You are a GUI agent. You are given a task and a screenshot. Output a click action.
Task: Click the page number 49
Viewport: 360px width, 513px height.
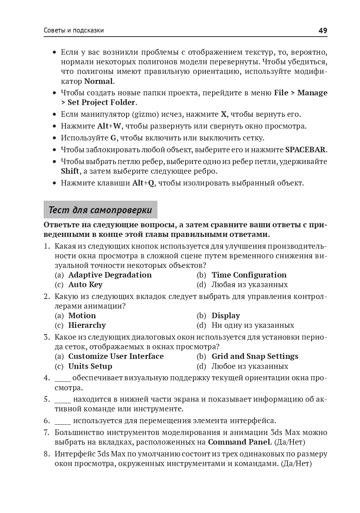tap(323, 30)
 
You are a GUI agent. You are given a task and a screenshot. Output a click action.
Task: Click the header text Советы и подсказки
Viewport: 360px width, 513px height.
tap(74, 30)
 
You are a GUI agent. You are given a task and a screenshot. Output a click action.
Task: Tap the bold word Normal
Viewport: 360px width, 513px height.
tap(98, 81)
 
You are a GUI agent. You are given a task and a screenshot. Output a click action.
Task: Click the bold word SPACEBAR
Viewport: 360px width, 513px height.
tap(306, 150)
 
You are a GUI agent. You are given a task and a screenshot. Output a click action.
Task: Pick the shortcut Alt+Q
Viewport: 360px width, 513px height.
tap(143, 183)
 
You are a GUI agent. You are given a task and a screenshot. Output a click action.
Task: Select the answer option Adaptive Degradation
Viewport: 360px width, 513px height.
tap(110, 275)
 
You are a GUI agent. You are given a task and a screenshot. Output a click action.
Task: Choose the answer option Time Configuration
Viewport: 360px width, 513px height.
tap(249, 275)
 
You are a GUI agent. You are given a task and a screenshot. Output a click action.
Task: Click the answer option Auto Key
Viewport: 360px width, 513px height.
tap(85, 285)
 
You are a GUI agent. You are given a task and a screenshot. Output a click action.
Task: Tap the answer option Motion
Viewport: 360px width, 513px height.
tap(82, 316)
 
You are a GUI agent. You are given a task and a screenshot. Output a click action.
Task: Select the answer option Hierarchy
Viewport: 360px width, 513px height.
tap(87, 325)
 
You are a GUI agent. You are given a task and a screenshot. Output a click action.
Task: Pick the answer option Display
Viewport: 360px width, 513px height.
tap(225, 316)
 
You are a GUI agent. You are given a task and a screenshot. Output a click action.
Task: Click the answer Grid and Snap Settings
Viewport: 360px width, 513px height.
tap(255, 356)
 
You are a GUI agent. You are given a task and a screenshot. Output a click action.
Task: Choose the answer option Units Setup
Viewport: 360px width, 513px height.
tap(90, 366)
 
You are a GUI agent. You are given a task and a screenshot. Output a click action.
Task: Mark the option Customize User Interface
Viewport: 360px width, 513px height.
tap(116, 356)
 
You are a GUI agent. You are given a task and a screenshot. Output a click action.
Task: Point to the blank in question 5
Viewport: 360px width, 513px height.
tap(62, 400)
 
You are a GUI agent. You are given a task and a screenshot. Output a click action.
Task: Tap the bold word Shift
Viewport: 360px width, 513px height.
tap(70, 171)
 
